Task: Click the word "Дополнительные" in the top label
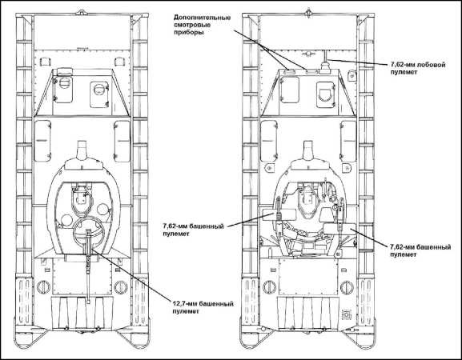point(202,17)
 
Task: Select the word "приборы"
point(188,33)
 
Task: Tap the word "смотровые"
point(192,25)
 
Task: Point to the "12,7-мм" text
point(184,303)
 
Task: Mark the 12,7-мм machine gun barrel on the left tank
point(88,266)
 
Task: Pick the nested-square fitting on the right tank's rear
point(346,315)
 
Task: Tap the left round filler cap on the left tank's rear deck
point(43,286)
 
